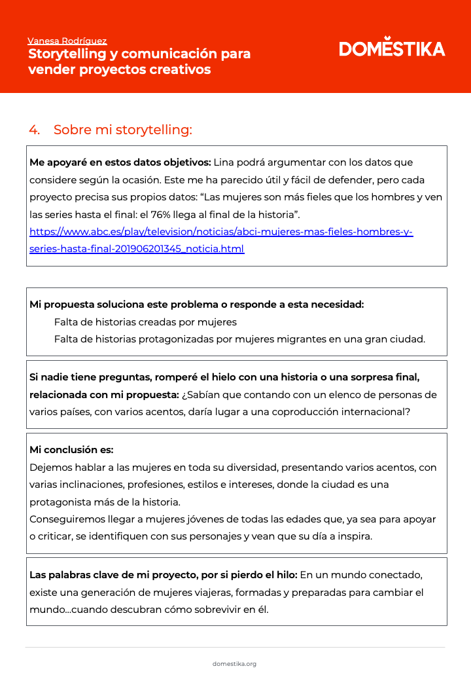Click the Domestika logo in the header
[392, 48]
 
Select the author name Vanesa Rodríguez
[67, 41]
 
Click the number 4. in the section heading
[34, 130]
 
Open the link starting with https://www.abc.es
[221, 232]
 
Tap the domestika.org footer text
[234, 663]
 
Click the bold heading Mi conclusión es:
[71, 450]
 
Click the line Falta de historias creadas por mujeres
[145, 322]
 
